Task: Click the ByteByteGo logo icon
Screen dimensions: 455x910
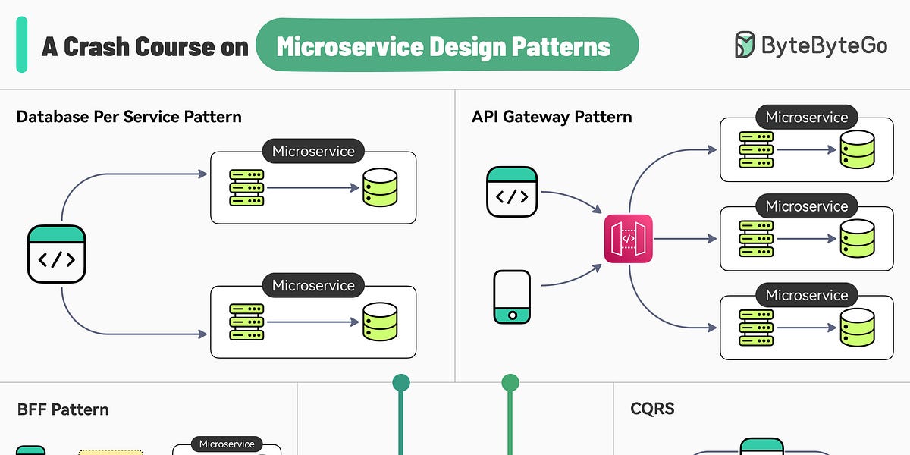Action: click(745, 45)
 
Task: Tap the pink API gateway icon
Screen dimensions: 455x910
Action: click(628, 239)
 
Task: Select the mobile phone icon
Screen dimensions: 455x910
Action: click(512, 296)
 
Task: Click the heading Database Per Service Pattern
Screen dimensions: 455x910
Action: click(129, 117)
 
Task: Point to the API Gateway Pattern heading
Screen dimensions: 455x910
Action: click(551, 117)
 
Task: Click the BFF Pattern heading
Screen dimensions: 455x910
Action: click(63, 409)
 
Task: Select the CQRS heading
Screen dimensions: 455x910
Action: click(652, 409)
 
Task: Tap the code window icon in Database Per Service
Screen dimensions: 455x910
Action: click(56, 254)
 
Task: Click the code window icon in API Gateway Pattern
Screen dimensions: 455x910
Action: click(512, 192)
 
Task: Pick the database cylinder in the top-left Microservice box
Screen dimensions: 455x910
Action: click(380, 187)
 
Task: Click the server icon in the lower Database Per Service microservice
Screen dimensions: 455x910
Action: click(246, 322)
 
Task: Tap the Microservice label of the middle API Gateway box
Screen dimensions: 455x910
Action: click(806, 206)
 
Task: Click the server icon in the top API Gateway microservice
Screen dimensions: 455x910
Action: click(756, 149)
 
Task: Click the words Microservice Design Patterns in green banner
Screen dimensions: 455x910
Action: click(444, 47)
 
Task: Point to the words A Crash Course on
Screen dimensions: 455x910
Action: click(145, 47)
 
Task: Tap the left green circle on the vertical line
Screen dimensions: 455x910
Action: click(400, 382)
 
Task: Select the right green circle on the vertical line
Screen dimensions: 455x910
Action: click(510, 382)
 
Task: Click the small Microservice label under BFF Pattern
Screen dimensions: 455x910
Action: click(227, 444)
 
